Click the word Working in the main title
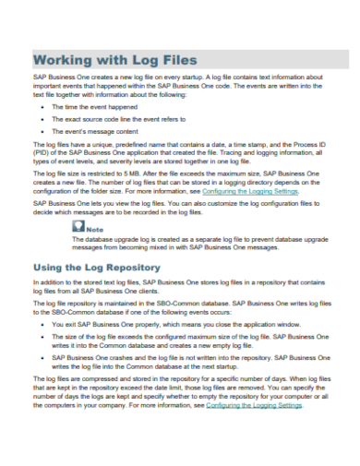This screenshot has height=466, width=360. coord(71,58)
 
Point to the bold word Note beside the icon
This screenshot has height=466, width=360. coord(95,229)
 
